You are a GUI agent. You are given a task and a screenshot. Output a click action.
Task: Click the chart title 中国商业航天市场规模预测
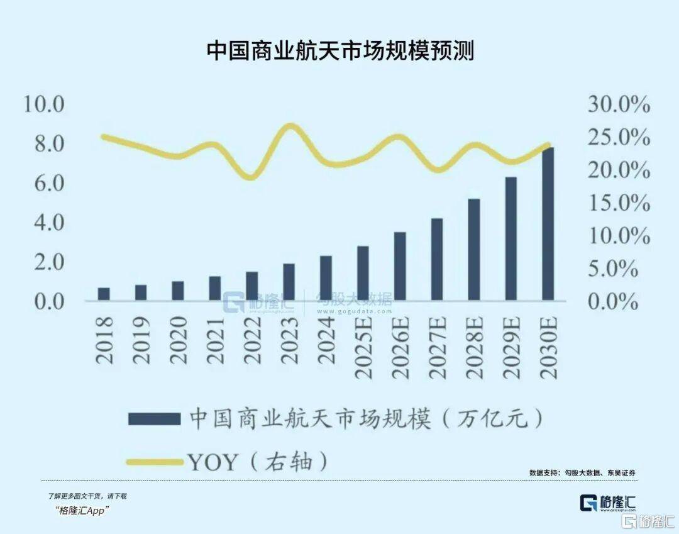click(339, 50)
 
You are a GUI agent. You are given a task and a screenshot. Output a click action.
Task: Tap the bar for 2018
click(104, 294)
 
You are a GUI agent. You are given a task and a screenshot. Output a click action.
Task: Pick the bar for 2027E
click(437, 259)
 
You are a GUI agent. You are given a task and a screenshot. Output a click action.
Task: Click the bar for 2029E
click(511, 239)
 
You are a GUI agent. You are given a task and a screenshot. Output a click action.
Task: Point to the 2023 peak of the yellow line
click(289, 126)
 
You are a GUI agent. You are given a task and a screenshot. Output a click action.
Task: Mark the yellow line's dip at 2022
click(251, 177)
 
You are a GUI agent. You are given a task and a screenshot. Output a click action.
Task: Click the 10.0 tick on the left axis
click(44, 104)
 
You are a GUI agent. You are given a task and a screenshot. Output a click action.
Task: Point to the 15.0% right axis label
click(619, 203)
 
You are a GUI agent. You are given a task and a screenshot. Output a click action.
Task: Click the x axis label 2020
click(179, 340)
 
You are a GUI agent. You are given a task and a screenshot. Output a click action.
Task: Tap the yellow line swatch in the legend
click(154, 462)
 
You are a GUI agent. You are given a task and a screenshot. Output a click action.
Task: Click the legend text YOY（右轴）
click(258, 462)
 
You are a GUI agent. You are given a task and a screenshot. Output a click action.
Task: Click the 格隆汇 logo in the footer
click(607, 503)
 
